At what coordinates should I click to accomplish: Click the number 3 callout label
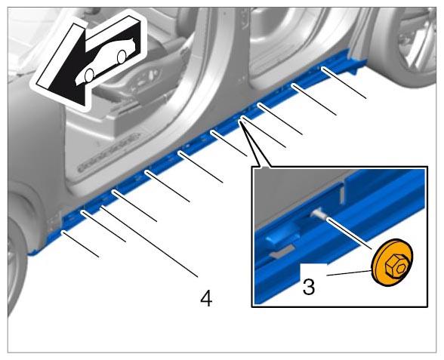(309, 287)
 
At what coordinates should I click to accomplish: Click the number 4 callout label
(206, 299)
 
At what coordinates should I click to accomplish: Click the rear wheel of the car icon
(122, 57)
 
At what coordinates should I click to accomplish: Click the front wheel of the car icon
(89, 75)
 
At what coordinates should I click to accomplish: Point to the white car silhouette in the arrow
(106, 62)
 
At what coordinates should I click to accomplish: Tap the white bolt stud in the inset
(319, 214)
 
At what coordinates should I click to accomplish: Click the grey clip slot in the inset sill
(282, 251)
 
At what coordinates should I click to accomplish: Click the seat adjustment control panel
(144, 80)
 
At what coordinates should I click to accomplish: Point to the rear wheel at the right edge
(416, 42)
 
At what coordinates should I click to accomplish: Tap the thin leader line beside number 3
(349, 273)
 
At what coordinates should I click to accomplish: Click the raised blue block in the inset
(282, 236)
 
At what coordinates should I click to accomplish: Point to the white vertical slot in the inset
(342, 193)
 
